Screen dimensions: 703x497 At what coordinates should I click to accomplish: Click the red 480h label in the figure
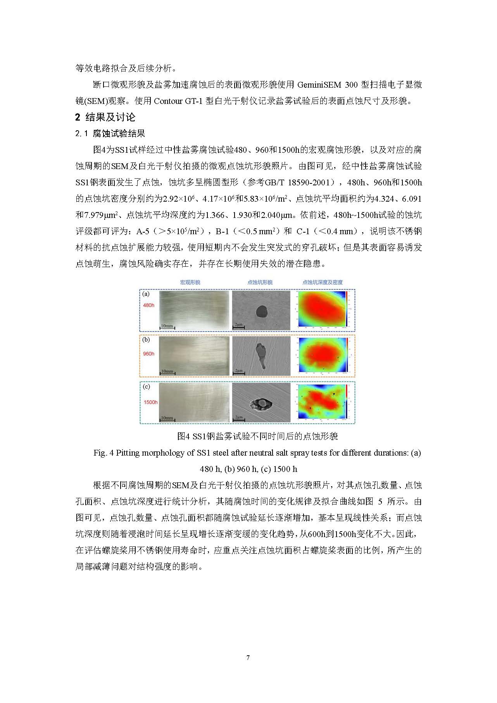click(x=148, y=305)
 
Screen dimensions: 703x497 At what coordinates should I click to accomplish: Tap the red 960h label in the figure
click(x=148, y=354)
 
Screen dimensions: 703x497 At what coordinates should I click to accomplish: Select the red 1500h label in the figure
click(x=150, y=402)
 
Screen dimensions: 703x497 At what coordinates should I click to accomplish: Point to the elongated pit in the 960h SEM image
click(x=261, y=354)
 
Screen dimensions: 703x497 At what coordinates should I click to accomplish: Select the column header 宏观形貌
click(x=190, y=282)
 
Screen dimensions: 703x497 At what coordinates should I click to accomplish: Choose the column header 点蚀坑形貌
click(x=260, y=282)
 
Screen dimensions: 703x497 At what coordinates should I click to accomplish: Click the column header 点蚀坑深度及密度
click(x=323, y=282)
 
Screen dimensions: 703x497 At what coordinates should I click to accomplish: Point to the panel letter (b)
click(x=146, y=340)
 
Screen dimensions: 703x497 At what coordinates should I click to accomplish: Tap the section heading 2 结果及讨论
click(x=105, y=117)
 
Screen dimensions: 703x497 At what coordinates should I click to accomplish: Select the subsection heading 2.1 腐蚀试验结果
click(x=110, y=134)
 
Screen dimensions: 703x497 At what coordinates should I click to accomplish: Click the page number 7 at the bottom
click(x=248, y=658)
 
